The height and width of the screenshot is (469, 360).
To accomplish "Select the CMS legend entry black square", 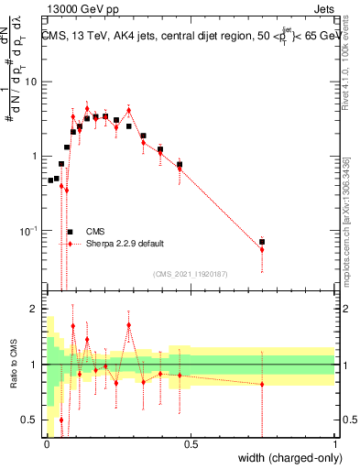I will [70, 232].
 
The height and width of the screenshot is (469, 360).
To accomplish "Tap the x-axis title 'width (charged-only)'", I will [285, 458].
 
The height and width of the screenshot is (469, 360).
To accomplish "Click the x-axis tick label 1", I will [335, 444].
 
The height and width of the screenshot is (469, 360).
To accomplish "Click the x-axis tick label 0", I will [47, 444].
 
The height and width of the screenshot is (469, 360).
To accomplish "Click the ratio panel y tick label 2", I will [33, 309].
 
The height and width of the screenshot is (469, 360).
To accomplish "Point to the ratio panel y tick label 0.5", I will [28, 420].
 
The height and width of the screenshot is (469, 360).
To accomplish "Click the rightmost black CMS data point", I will [262, 242].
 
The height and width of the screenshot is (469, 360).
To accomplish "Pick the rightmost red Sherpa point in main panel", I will [262, 249].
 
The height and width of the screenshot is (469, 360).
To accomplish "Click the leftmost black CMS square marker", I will [50, 180].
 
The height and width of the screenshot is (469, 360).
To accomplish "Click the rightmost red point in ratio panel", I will [262, 384].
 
